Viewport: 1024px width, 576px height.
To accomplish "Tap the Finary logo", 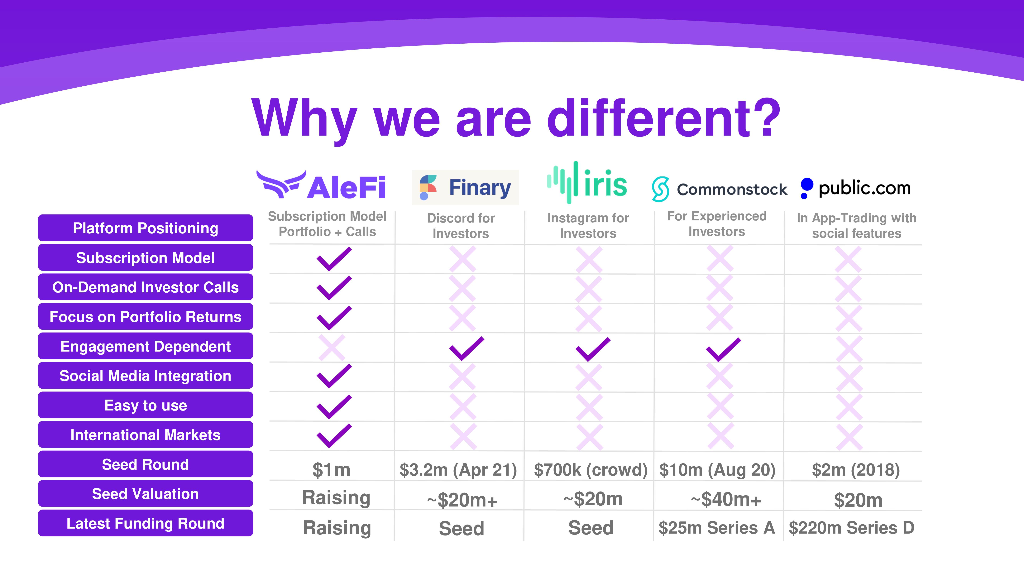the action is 465,187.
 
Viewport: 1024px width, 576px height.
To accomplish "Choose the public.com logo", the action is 855,188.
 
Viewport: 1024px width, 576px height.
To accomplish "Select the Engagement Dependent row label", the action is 146,346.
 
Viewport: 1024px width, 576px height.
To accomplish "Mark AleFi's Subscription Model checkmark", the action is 334,259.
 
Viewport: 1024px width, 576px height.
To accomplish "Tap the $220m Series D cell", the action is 851,527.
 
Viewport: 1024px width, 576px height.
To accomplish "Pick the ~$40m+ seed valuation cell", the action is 726,499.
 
